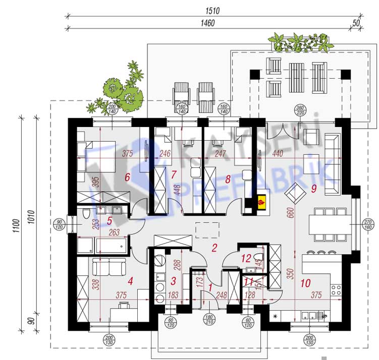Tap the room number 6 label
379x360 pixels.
(127, 177)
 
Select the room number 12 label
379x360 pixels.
(246, 258)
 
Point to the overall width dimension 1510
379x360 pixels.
(211, 10)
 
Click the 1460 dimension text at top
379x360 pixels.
(207, 23)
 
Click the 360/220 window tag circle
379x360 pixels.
(301, 111)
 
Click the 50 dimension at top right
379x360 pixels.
(356, 23)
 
